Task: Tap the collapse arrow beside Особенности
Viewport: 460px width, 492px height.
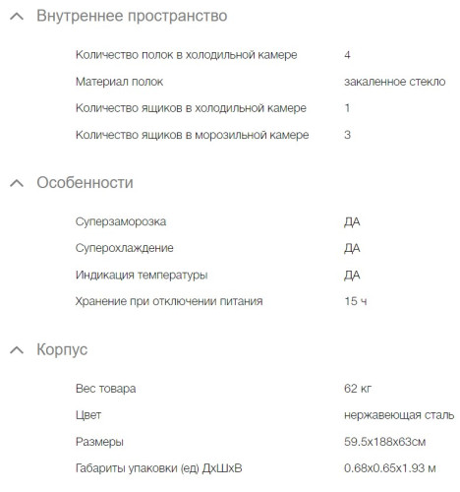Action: (x=16, y=183)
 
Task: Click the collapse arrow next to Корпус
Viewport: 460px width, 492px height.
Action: (x=16, y=349)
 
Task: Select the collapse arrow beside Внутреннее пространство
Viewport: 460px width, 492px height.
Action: (x=16, y=17)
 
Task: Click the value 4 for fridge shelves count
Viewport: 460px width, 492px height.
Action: (x=348, y=55)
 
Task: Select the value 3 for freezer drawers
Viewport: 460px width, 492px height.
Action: (x=348, y=135)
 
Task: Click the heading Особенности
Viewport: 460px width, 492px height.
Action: (x=85, y=183)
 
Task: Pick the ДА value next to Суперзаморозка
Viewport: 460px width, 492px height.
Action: (x=352, y=221)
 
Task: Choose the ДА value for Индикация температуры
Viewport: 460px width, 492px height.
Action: (x=352, y=275)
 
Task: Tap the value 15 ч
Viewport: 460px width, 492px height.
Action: (x=356, y=301)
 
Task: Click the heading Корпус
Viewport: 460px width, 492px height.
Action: (x=62, y=349)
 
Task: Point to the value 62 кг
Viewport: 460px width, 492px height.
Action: (x=358, y=389)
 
